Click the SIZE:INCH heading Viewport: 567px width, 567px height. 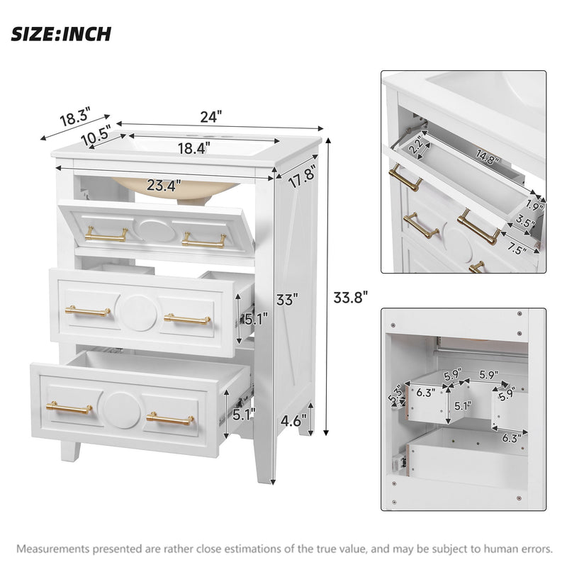pos(61,34)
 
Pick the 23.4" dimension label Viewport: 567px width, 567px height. pos(164,186)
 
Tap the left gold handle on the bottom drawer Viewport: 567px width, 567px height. pos(69,408)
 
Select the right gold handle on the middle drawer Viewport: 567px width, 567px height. pos(187,319)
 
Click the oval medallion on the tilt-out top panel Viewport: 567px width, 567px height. pos(154,230)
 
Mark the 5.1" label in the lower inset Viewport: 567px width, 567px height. pos(463,407)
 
